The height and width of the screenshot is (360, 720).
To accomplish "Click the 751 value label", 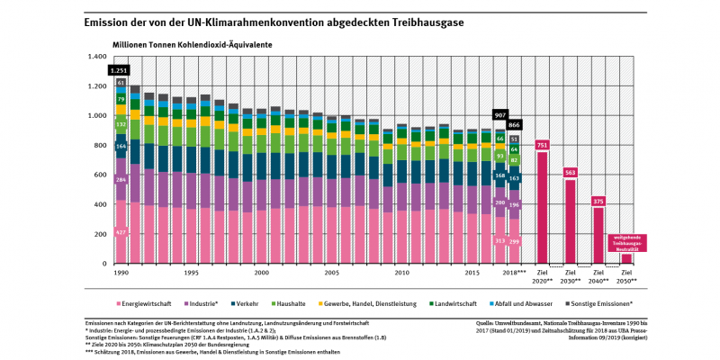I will pos(542,145).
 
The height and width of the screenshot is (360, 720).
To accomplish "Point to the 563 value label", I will pos(570,173).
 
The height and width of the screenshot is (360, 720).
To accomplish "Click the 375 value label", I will pos(598,202).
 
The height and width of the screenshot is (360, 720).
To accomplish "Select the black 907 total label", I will pos(500,115).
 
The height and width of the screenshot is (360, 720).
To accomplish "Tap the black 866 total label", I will pos(514,125).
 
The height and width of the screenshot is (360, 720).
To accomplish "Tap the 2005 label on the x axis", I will pos(331,272).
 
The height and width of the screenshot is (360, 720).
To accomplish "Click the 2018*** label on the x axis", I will pos(513,272).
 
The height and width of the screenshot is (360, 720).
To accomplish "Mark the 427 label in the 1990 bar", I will pos(121,232).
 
